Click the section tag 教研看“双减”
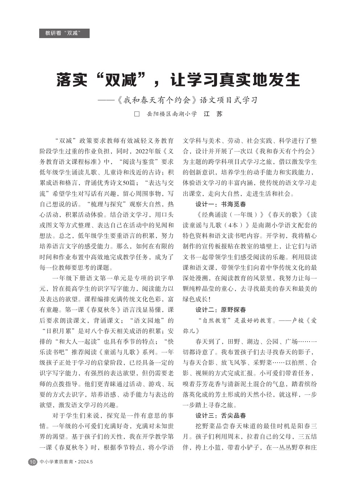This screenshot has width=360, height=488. [64, 33]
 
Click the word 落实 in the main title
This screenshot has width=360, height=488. [72, 80]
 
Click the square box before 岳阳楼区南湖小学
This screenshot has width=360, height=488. [137, 114]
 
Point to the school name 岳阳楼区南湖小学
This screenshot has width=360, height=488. [172, 114]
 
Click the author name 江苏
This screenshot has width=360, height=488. [213, 114]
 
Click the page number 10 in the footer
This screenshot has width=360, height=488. [33, 462]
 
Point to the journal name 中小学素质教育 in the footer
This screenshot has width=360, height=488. [56, 462]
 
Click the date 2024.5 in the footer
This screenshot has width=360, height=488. [85, 462]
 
